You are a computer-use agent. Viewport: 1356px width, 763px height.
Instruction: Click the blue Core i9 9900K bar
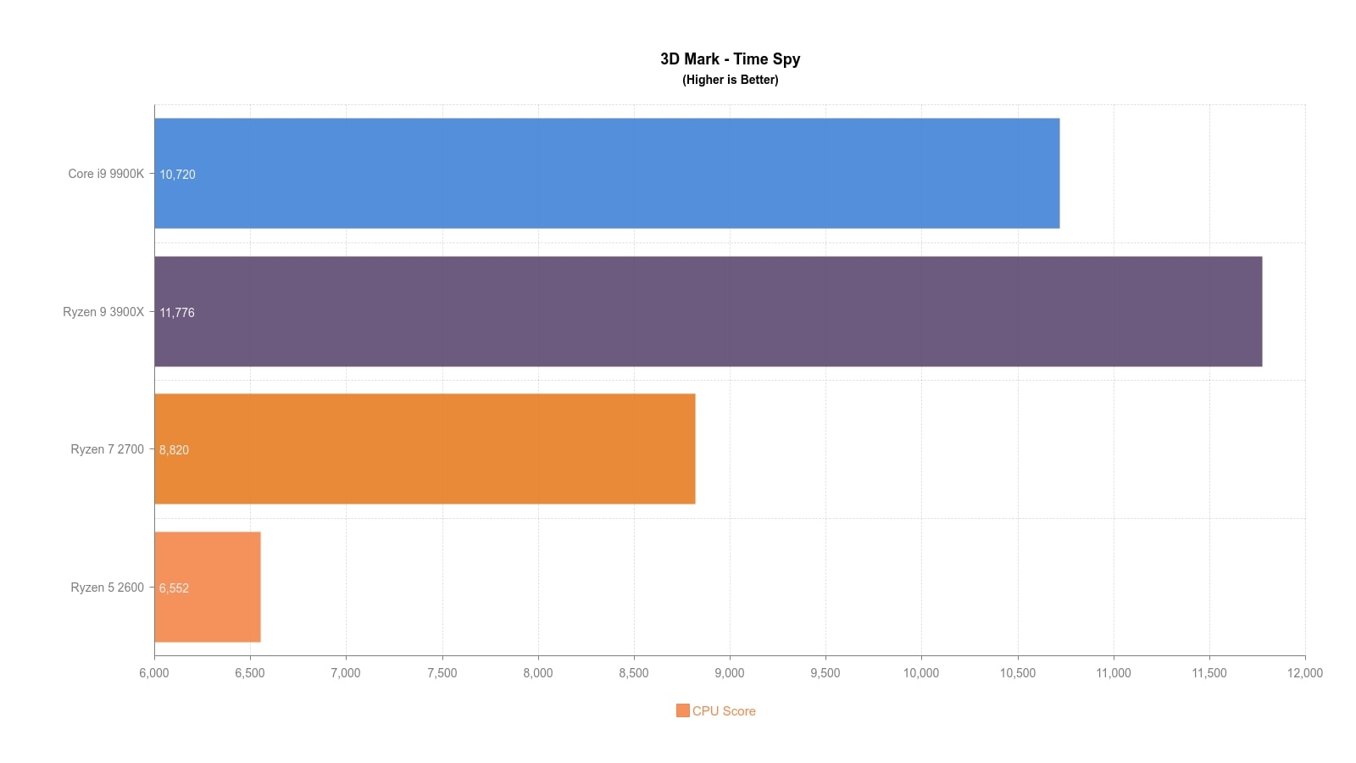pyautogui.click(x=607, y=173)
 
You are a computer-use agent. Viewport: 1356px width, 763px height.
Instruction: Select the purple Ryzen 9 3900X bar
pyautogui.click(x=708, y=311)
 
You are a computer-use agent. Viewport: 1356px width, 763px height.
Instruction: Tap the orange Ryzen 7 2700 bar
pyautogui.click(x=425, y=448)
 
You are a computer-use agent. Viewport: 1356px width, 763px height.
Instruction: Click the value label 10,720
pyautogui.click(x=177, y=175)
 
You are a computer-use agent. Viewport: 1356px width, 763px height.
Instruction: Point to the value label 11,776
pyautogui.click(x=177, y=313)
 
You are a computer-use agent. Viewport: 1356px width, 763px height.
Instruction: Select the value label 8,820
pyautogui.click(x=174, y=450)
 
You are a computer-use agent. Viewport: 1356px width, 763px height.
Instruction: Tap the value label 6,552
pyautogui.click(x=174, y=588)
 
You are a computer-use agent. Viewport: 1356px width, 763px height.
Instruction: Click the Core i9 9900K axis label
pyautogui.click(x=106, y=174)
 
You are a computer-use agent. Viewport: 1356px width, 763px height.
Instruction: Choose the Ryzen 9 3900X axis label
pyautogui.click(x=103, y=312)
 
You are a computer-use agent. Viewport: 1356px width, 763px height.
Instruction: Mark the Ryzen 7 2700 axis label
pyautogui.click(x=107, y=449)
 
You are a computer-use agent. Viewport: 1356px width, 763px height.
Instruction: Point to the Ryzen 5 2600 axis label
pyautogui.click(x=107, y=588)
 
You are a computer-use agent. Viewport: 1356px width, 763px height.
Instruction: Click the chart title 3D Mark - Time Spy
pyautogui.click(x=730, y=59)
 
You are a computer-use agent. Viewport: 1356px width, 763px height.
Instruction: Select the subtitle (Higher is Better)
pyautogui.click(x=730, y=80)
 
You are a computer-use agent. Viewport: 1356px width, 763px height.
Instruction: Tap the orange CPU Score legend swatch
pyautogui.click(x=682, y=710)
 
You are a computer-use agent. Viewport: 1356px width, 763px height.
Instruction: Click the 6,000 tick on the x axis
pyautogui.click(x=153, y=673)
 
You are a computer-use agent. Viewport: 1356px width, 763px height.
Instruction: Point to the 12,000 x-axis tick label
pyautogui.click(x=1304, y=673)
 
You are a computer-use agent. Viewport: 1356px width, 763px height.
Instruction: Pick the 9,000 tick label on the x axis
pyautogui.click(x=729, y=673)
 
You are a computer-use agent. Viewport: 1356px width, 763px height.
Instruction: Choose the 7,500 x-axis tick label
pyautogui.click(x=442, y=673)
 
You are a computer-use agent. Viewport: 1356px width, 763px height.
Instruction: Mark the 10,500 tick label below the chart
pyautogui.click(x=1017, y=673)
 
